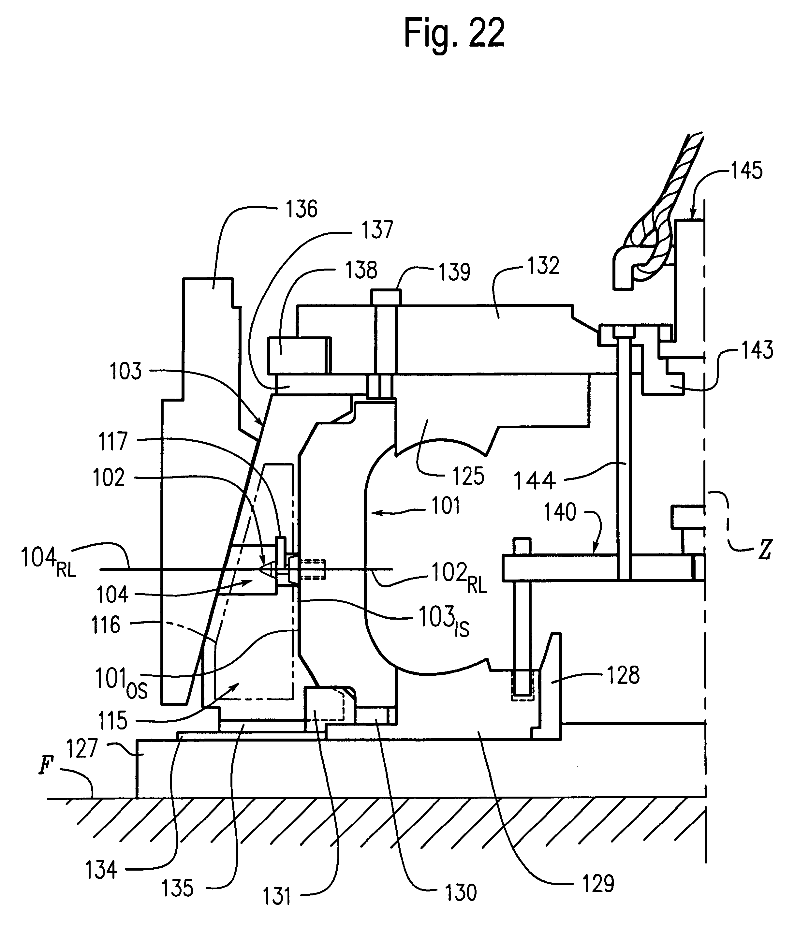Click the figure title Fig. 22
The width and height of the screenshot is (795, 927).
pos(454,34)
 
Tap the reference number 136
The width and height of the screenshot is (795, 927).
pos(302,209)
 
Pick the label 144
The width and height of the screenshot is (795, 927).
pos(534,481)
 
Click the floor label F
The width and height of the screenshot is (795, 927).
pos(45,766)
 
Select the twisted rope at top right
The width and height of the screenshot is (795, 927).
pos(671,201)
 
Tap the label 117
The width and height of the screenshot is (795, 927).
pos(113,441)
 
